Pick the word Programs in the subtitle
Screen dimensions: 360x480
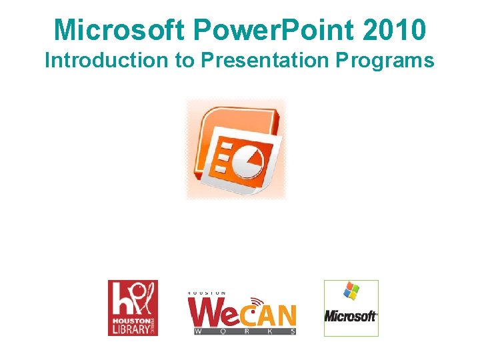click(x=385, y=61)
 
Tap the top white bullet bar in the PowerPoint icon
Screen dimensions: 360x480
click(x=227, y=146)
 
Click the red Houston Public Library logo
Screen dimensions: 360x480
click(x=133, y=307)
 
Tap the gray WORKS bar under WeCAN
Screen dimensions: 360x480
click(x=244, y=331)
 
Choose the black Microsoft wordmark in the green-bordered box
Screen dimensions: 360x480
click(x=351, y=316)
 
